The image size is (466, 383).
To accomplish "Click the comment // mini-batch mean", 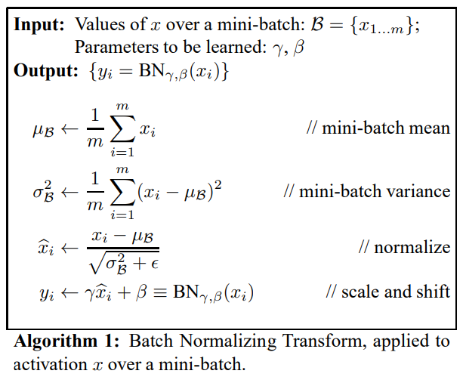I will click(378, 128).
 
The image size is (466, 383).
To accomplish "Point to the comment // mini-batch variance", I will click(366, 190).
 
